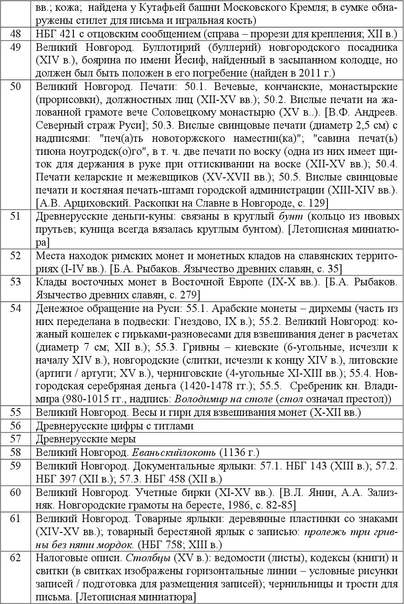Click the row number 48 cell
point(15,33)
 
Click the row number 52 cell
point(15,256)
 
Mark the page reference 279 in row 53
point(181,295)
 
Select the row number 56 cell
point(15,426)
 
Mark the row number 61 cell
point(15,519)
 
